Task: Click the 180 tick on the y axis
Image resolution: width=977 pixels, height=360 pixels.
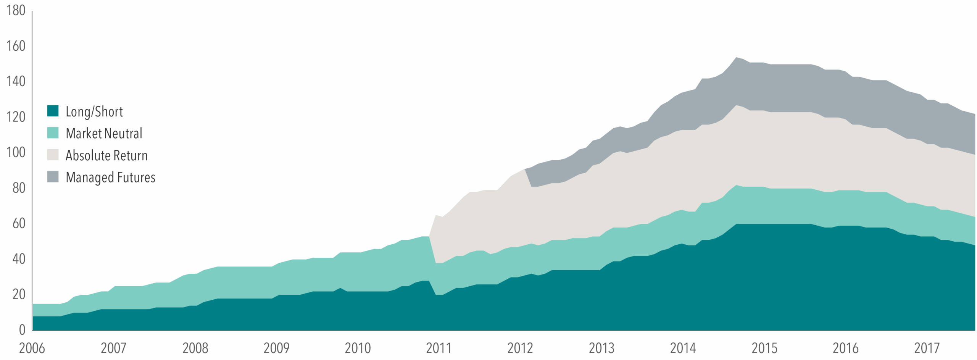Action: tap(16, 10)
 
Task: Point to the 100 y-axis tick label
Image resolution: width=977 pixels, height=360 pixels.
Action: tap(16, 152)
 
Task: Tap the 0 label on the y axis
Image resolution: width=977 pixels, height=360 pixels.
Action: tap(22, 330)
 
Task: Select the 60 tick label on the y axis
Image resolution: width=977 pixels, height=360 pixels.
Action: tap(19, 223)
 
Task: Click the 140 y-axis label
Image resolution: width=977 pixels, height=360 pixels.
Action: tap(16, 81)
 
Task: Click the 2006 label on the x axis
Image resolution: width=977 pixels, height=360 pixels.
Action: tap(32, 348)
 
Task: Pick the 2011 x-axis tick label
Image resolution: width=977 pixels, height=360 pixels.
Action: tap(439, 348)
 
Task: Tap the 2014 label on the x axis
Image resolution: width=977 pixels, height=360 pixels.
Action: tap(683, 348)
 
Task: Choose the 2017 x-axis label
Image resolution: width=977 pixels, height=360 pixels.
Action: tap(927, 348)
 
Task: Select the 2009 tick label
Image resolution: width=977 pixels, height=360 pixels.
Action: tap(276, 348)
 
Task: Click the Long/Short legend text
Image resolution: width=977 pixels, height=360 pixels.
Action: tap(94, 111)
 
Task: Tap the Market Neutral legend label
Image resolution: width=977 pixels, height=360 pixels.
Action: tap(104, 133)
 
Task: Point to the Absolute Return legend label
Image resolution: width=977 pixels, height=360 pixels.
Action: tap(106, 155)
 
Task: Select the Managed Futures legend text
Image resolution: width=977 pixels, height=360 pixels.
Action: tap(110, 177)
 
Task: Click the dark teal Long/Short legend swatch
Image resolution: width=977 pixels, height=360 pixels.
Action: tap(53, 111)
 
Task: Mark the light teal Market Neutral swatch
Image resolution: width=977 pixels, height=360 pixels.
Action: tap(53, 133)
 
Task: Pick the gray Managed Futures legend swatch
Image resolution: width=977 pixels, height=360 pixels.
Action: tap(53, 177)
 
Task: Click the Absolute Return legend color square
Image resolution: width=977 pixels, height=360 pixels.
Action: tap(53, 155)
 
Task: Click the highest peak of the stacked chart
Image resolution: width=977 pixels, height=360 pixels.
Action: tap(736, 58)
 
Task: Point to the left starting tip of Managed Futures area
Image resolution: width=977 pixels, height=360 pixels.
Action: tap(526, 169)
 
